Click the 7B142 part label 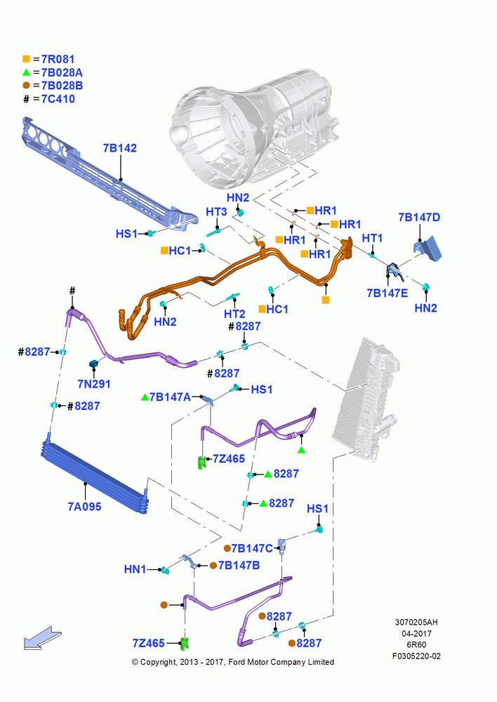119,148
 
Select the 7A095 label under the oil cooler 84,507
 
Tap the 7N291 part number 93,384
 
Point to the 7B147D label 419,218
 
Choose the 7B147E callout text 387,293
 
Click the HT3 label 216,212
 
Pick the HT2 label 234,314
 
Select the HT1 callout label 372,238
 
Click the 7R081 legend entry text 58,59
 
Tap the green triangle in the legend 27,72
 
